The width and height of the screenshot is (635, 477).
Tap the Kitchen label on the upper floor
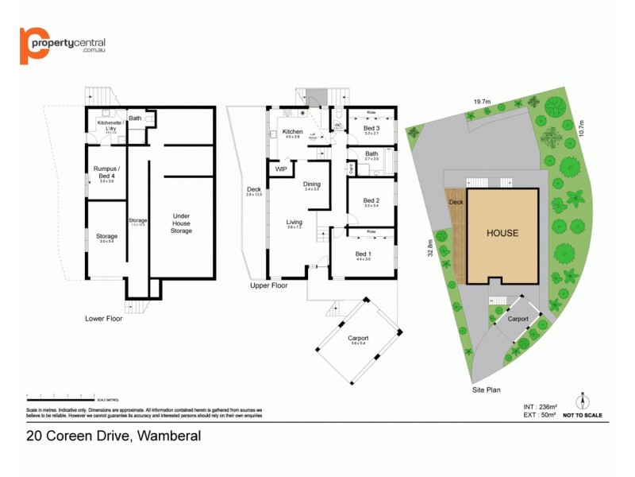[292, 131]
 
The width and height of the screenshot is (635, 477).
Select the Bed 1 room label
[364, 254]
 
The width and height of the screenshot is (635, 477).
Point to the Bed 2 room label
[371, 200]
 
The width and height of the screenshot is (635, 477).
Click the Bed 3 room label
[371, 128]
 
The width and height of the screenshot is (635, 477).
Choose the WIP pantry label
[281, 169]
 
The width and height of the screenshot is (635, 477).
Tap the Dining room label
[311, 184]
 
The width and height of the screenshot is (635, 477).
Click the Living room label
[293, 222]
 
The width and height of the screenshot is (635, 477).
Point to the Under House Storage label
[182, 224]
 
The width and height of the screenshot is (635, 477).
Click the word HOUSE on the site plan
[502, 233]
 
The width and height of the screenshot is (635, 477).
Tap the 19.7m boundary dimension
[482, 102]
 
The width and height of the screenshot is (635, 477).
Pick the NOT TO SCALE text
[582, 415]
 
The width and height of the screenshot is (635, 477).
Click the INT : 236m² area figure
[532, 406]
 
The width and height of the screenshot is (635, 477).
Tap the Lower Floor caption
[104, 318]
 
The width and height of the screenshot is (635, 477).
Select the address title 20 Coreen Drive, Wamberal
[114, 436]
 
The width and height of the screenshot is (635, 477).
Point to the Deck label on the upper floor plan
[254, 189]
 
